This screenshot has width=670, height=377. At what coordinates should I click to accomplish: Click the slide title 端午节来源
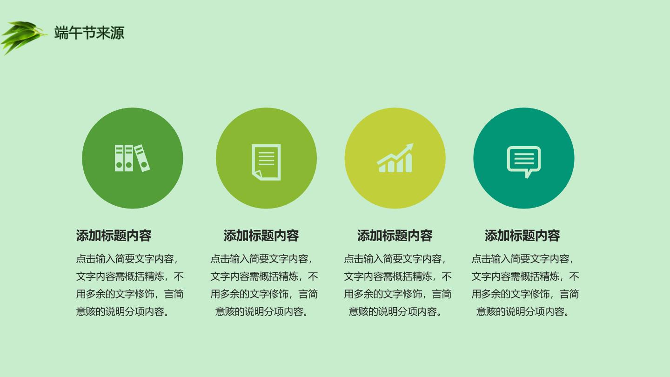[x=89, y=33]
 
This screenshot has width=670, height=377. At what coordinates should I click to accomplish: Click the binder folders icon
[x=132, y=158]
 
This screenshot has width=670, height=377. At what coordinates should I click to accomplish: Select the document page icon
[x=266, y=162]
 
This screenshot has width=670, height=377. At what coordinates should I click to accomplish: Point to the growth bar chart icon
[x=395, y=158]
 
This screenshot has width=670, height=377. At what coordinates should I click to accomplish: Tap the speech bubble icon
[x=524, y=162]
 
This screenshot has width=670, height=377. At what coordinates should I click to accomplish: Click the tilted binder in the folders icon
[x=142, y=158]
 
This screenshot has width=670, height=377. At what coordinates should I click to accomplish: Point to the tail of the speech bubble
[x=528, y=175]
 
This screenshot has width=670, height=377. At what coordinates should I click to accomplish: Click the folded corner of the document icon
[x=257, y=174]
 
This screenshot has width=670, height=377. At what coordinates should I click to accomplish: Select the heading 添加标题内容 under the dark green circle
[x=114, y=236]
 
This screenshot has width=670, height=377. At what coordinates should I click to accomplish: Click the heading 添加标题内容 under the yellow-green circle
[x=395, y=236]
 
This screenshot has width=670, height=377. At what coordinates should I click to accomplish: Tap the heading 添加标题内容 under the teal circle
[x=522, y=236]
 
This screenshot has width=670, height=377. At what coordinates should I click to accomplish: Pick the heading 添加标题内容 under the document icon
[x=261, y=236]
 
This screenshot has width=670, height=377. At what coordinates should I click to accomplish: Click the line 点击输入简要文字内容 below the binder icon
[x=125, y=259]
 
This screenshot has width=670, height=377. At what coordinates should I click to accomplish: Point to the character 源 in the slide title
[x=117, y=33]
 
